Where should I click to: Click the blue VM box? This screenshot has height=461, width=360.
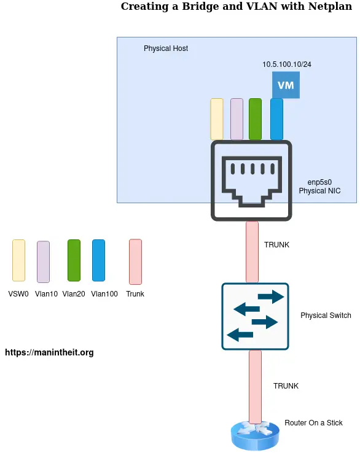286,85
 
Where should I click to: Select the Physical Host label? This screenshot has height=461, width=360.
166,48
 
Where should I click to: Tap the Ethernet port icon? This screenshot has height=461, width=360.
252,180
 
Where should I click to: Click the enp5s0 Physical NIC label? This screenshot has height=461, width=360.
319,187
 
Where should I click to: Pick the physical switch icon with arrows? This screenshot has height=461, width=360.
255,316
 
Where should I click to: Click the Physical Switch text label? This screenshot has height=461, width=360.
326,316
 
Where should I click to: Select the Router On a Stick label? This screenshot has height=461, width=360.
313,423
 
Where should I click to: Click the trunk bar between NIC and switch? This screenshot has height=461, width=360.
252,252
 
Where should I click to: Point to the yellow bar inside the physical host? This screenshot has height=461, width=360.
217,119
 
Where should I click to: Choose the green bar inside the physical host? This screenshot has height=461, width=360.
255,119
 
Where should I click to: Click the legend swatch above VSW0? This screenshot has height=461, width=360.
18,261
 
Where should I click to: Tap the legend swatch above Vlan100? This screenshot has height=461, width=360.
98,261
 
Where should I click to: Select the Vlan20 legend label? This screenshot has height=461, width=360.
73,294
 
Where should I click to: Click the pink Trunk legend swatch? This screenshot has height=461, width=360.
135,261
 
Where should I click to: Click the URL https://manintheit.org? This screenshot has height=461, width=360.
49,353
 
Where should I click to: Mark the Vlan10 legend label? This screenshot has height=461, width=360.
46,294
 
